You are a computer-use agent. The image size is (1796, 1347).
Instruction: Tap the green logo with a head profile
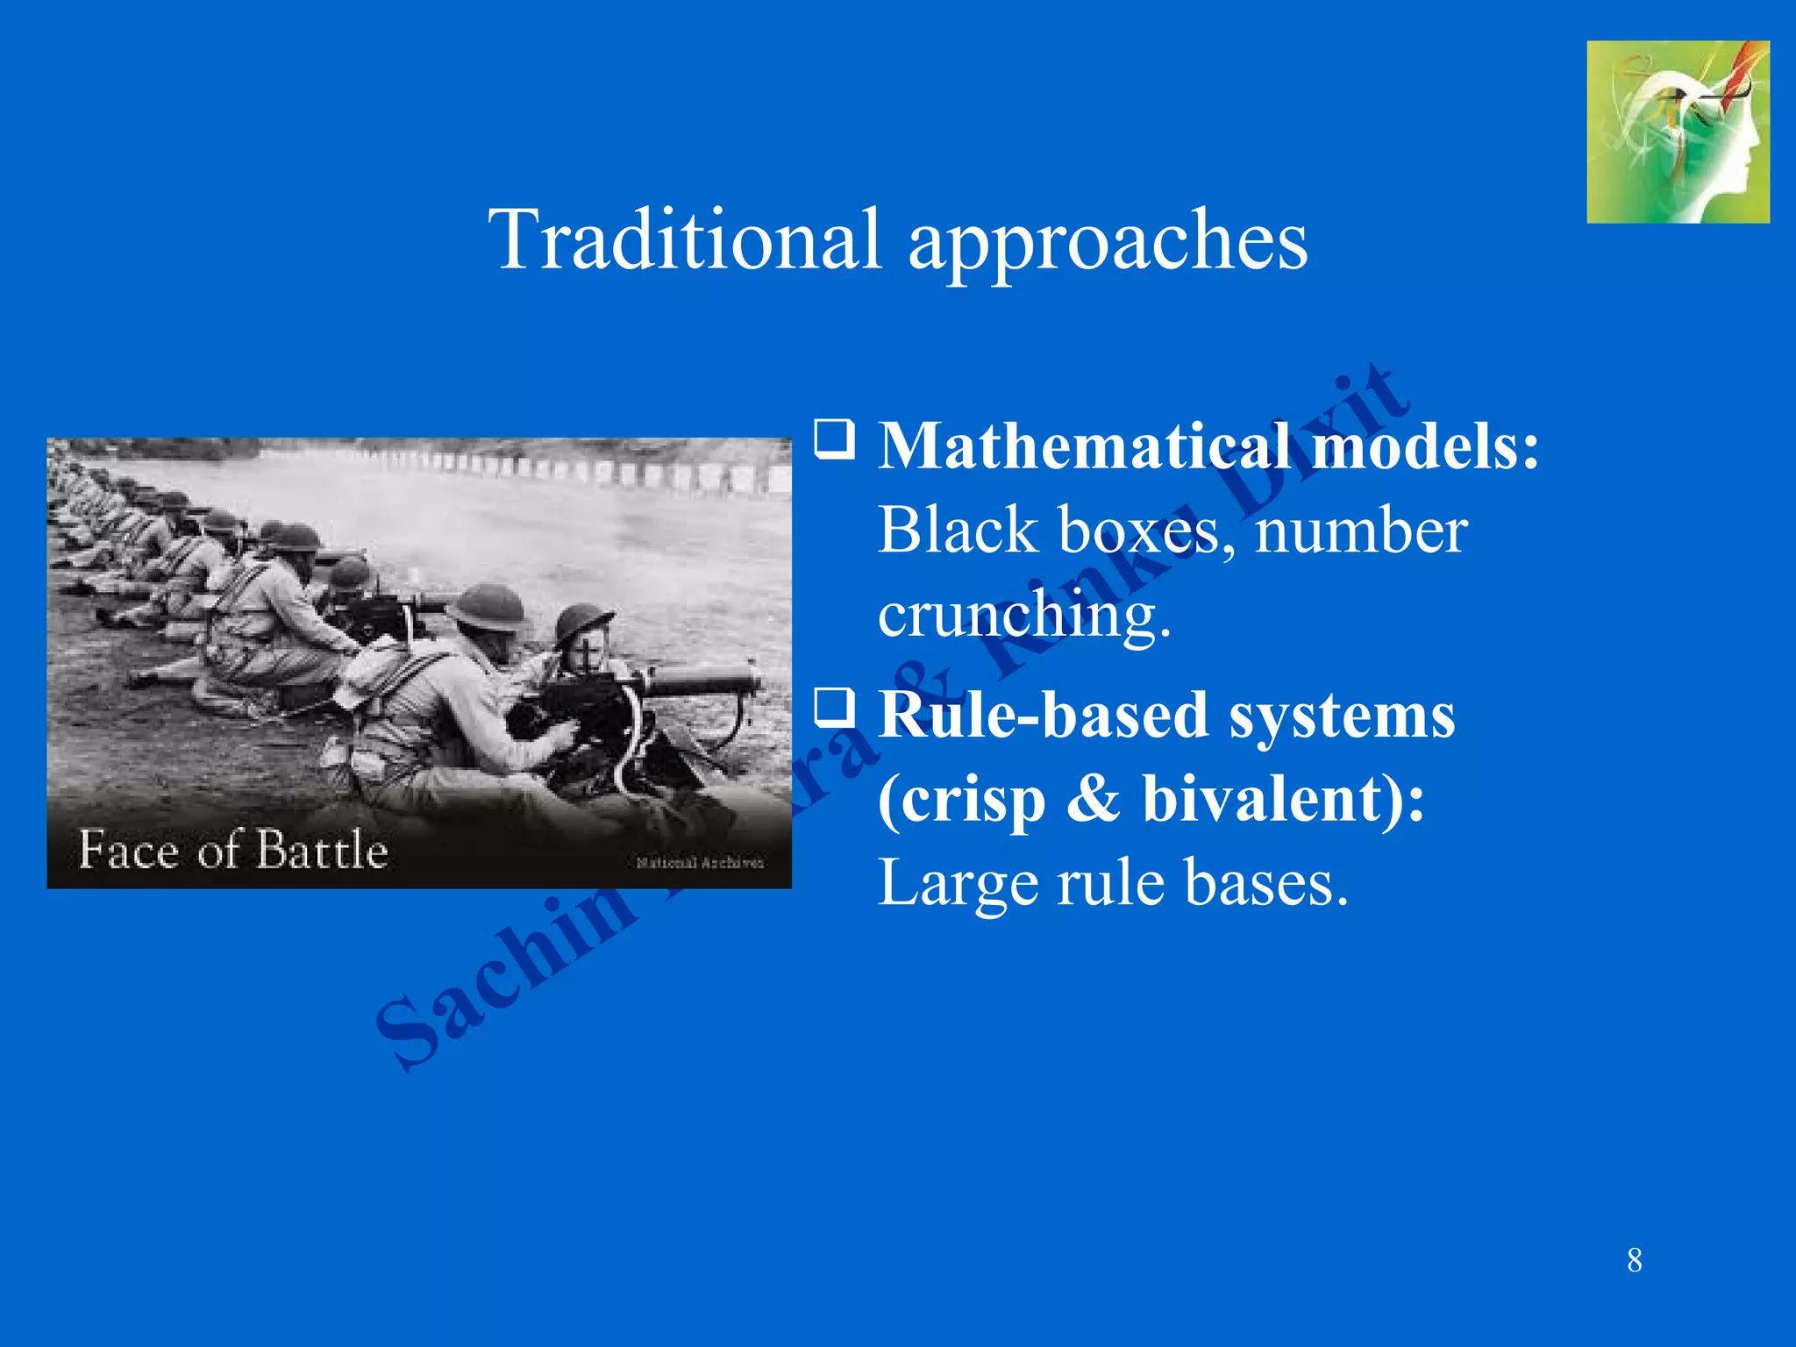click(1678, 132)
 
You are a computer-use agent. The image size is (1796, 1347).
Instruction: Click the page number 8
click(1635, 1260)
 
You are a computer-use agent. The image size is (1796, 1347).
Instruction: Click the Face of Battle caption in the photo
click(233, 850)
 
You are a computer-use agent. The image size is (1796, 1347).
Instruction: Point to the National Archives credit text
click(700, 863)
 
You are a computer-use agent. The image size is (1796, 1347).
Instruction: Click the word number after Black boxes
click(1360, 530)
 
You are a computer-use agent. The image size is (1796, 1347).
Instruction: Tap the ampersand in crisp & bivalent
click(1093, 799)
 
